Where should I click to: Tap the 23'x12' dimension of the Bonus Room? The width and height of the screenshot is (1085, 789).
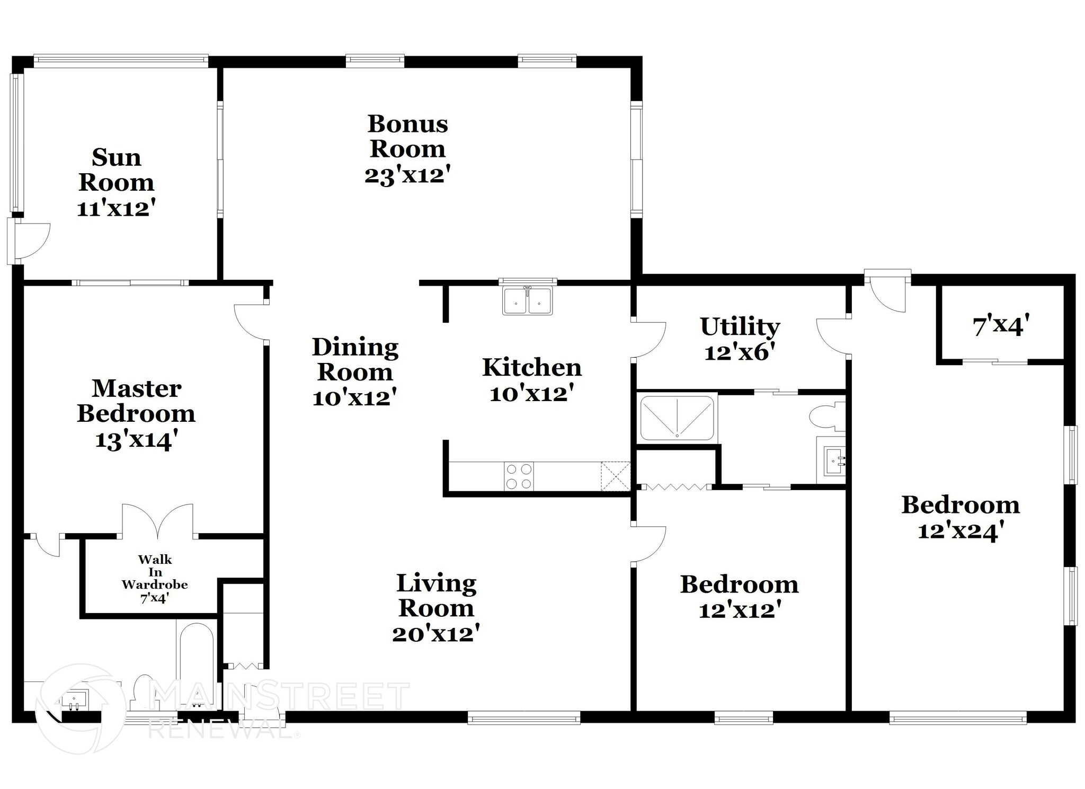[x=407, y=175]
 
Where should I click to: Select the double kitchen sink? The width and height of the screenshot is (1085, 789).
[x=527, y=301]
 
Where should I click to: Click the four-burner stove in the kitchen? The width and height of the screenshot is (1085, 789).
[x=519, y=476]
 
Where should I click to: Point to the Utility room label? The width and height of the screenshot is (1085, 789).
[x=740, y=326]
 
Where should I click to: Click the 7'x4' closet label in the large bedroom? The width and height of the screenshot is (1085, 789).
[x=1000, y=325]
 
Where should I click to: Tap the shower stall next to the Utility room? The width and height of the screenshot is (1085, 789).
[x=677, y=418]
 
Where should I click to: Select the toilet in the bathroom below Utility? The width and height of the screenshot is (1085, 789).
[x=825, y=416]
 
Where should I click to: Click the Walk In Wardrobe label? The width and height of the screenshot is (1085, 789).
[x=155, y=572]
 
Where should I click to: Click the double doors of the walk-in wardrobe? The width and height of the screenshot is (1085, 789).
[x=157, y=522]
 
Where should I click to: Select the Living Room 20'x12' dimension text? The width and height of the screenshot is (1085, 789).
[x=435, y=634]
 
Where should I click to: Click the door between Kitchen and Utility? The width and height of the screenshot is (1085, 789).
[x=648, y=339]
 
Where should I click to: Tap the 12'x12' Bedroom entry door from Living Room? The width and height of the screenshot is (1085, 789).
[x=648, y=544]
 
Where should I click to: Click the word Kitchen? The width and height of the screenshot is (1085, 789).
[x=532, y=368]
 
